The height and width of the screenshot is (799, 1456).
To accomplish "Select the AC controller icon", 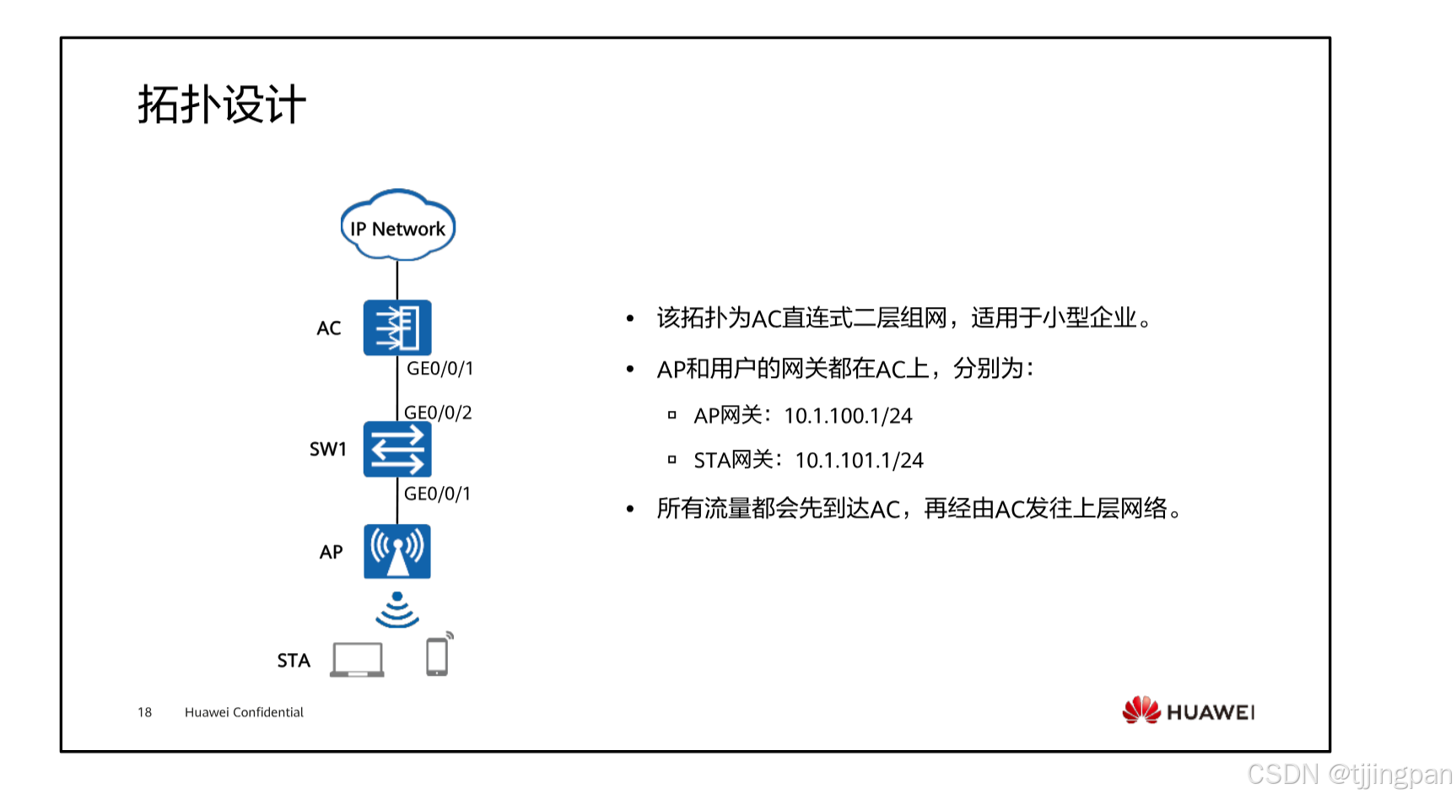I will click(397, 327).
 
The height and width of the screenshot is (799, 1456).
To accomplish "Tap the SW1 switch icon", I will click(397, 449).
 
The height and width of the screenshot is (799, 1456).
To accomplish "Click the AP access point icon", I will click(397, 552).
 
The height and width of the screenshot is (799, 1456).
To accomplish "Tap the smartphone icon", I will click(437, 656).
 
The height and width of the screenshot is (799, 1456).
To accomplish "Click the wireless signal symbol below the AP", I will click(397, 610).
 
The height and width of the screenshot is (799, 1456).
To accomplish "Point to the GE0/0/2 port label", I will click(438, 413).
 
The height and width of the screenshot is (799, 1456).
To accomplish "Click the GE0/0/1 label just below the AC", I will click(439, 369).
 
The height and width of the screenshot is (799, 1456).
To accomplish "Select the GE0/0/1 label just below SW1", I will click(437, 494).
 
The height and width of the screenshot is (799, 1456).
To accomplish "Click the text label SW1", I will click(328, 449).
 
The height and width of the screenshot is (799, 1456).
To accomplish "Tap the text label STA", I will click(294, 661).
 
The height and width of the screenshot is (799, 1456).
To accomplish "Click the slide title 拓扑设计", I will click(221, 105).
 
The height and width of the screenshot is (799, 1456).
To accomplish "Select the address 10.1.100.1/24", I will click(848, 416).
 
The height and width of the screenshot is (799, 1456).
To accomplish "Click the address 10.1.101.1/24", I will click(859, 461).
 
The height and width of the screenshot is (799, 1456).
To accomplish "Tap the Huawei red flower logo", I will click(1141, 710).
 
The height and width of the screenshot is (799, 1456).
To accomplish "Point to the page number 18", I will click(145, 712).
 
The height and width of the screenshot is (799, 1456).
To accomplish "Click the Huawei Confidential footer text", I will click(244, 712).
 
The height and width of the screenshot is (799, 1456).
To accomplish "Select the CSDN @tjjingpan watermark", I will click(1349, 774).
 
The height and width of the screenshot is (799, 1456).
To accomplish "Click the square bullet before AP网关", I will click(672, 415).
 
